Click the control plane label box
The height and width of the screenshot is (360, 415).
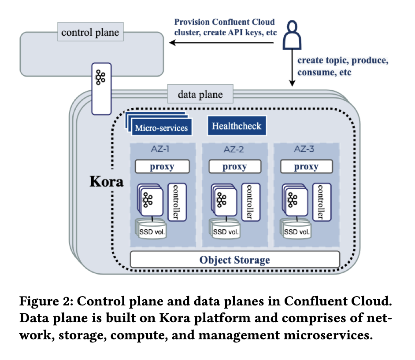90,33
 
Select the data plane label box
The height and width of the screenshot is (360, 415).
200,94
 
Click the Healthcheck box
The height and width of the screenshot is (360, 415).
237,126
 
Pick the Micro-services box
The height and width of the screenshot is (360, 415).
161,128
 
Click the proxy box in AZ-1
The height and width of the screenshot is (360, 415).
162,167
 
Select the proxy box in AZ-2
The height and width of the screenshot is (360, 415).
234,167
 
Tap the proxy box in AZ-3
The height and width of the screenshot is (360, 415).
306,167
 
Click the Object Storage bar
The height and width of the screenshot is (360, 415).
235,260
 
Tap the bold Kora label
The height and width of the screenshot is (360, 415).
106,182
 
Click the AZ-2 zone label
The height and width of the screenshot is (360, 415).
234,149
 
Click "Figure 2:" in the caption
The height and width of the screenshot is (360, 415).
48,303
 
